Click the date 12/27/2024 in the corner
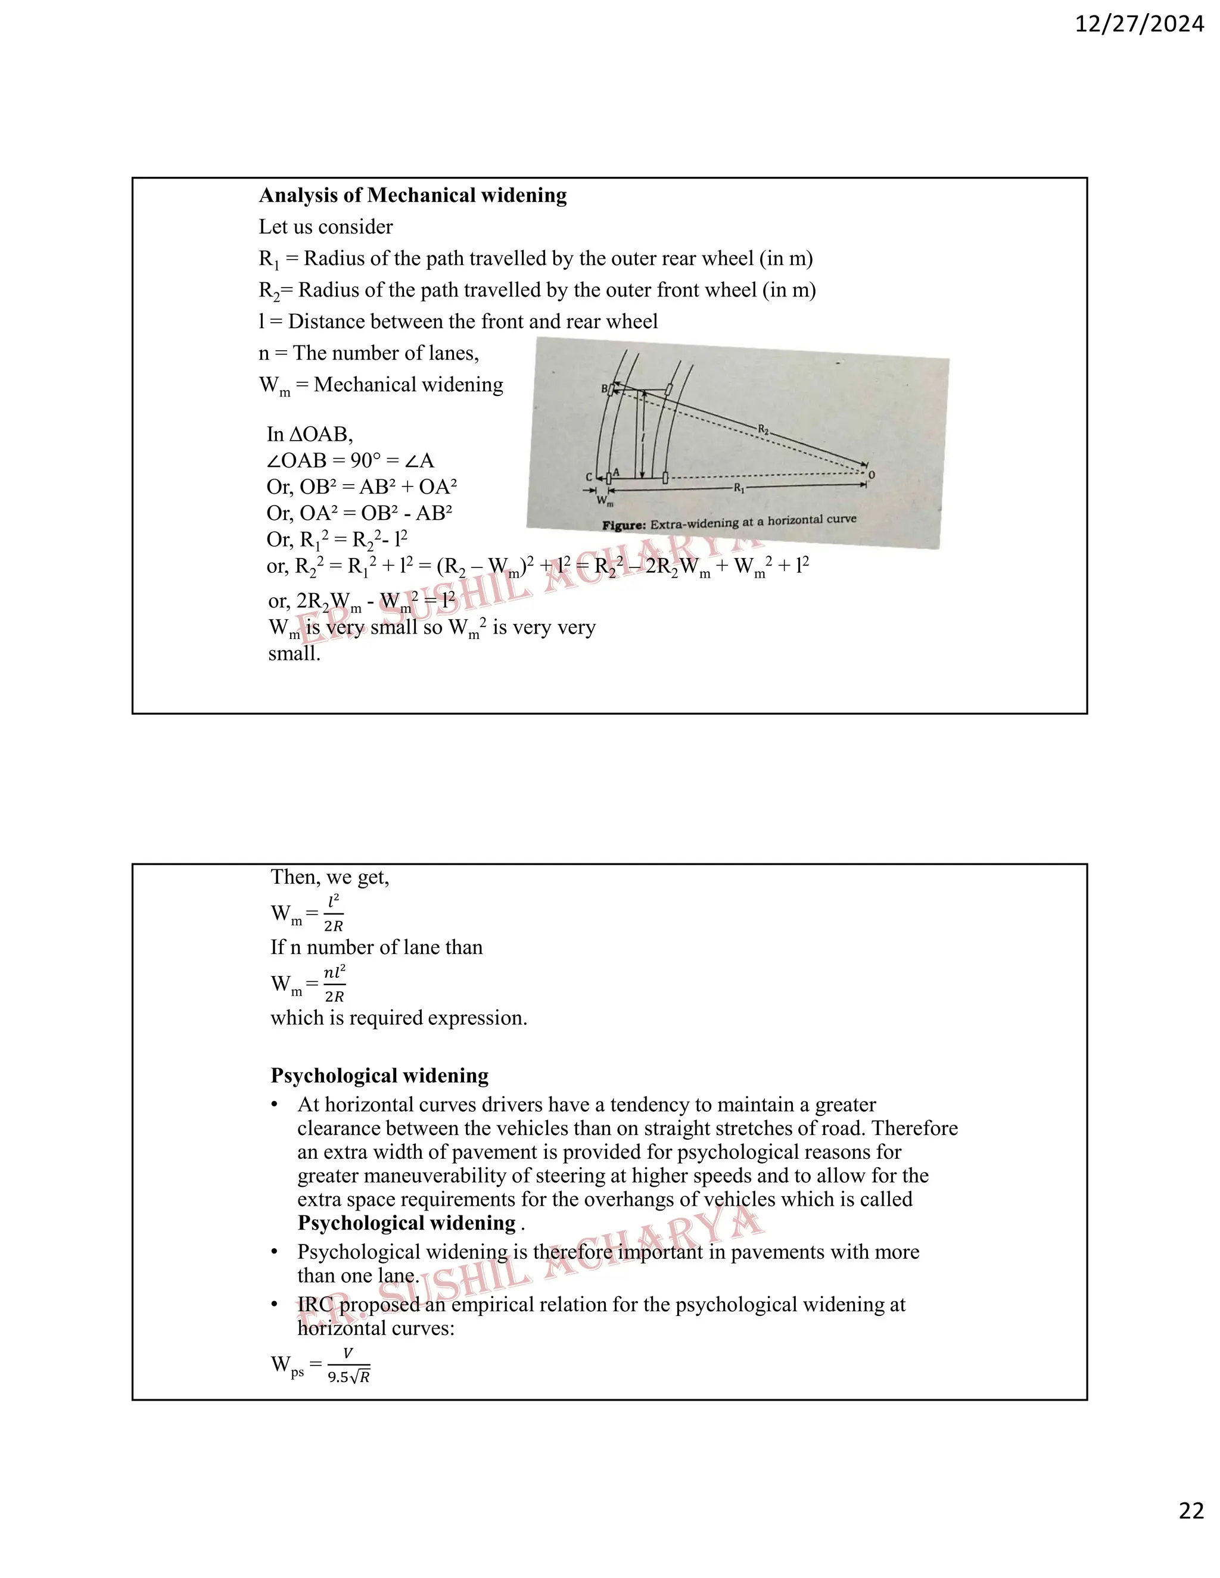pos(1139,24)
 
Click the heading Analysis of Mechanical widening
pos(413,195)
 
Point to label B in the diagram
pos(604,389)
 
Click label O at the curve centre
pos(871,475)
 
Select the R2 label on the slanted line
pos(763,429)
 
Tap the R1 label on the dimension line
pos(739,488)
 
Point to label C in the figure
pos(589,477)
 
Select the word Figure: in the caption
pos(624,525)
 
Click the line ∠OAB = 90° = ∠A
pos(350,460)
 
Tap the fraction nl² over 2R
pos(334,984)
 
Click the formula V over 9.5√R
pos(348,1365)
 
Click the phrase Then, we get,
pos(329,877)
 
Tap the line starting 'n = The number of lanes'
pos(369,353)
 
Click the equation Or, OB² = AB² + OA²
pos(362,487)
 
